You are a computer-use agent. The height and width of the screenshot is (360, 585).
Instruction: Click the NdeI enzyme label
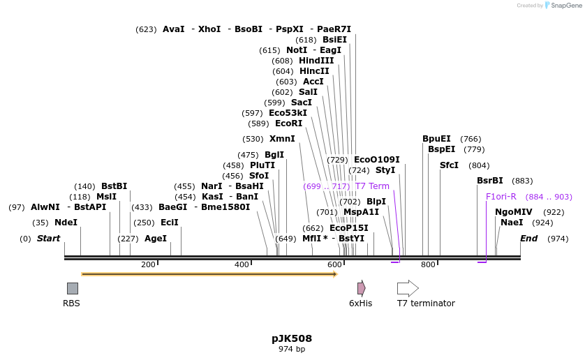tap(66, 223)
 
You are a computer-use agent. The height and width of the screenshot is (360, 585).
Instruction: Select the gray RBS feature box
tap(73, 288)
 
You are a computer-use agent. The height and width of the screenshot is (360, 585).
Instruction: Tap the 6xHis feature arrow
tap(361, 288)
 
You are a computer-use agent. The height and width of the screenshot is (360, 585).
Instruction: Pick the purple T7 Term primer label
tap(372, 186)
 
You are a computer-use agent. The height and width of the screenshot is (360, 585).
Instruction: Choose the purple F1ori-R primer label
tap(501, 197)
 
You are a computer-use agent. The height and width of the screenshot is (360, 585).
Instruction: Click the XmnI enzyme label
tap(282, 139)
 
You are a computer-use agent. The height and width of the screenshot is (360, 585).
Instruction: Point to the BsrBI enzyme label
tap(489, 181)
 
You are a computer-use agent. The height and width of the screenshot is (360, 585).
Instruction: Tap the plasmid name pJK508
tap(292, 338)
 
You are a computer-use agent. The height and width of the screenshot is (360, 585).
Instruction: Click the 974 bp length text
tap(292, 349)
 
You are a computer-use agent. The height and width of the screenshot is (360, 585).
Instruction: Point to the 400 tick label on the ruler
tap(242, 264)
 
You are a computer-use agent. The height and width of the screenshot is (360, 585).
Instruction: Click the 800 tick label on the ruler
tap(428, 264)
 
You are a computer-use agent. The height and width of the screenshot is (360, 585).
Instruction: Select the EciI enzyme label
tap(170, 223)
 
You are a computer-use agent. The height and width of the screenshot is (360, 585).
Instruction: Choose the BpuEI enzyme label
tap(436, 139)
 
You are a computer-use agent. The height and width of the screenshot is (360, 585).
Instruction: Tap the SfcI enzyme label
tap(449, 165)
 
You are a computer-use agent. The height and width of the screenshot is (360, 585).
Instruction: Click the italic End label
tap(528, 239)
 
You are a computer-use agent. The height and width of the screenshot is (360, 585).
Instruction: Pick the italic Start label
tap(48, 239)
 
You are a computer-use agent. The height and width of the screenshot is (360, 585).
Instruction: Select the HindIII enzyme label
tap(316, 61)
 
